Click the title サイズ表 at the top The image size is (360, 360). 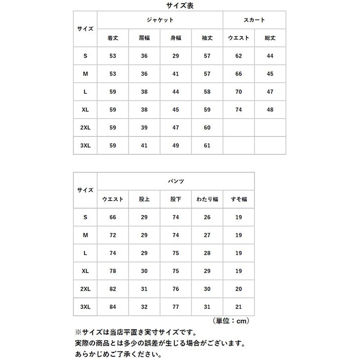click(179, 6)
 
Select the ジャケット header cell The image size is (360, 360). click(160, 20)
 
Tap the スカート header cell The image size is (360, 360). click(254, 20)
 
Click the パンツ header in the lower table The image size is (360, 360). click(176, 181)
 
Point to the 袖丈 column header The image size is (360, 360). click(207, 38)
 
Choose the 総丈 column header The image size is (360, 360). click(270, 38)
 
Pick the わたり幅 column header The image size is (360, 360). click(207, 199)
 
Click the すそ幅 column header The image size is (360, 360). click(239, 199)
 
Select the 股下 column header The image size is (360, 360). click(176, 199)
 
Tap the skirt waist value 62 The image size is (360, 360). click(239, 56)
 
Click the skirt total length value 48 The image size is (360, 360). click(270, 110)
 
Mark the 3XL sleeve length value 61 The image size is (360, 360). click(207, 146)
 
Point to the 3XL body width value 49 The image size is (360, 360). click(176, 146)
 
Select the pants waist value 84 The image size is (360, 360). click(113, 307)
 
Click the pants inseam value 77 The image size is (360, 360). click(176, 307)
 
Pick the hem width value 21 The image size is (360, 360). click(239, 307)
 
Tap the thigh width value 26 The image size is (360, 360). click(207, 217)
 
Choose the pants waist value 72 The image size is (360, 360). click(113, 235)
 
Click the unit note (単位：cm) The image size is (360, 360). click(230, 321)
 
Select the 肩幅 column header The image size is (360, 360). click(145, 38)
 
